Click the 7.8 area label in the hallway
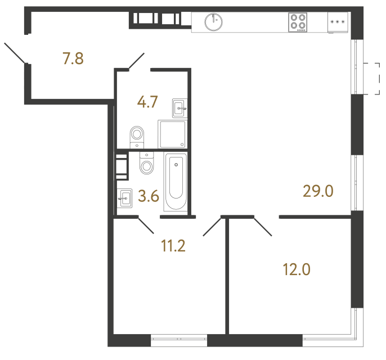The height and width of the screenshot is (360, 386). click(x=73, y=58)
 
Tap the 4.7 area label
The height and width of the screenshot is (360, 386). click(x=147, y=102)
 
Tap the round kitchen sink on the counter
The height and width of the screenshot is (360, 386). click(x=214, y=22)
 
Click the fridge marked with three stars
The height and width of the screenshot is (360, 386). click(x=338, y=22)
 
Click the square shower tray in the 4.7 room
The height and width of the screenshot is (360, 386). click(x=172, y=134)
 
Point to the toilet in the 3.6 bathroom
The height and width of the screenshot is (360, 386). click(x=146, y=164)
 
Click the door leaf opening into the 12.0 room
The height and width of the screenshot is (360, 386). click(x=262, y=226)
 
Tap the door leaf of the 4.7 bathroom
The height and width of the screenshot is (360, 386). click(x=137, y=61)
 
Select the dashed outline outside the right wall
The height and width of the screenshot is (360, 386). click(x=372, y=78)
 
